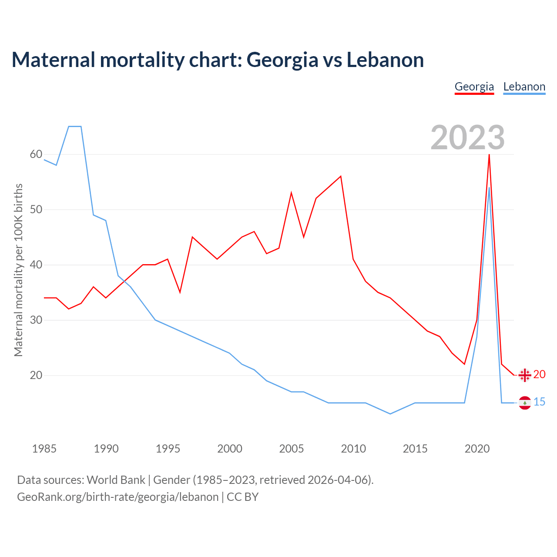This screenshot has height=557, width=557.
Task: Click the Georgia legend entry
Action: click(474, 87)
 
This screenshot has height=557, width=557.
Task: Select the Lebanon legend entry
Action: click(524, 87)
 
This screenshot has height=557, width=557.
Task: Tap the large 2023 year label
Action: click(467, 138)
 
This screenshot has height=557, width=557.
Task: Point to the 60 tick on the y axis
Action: click(36, 154)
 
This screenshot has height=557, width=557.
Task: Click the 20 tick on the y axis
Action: click(36, 375)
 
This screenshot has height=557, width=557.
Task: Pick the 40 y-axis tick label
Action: click(36, 265)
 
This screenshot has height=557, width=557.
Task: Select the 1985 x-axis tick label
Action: click(44, 449)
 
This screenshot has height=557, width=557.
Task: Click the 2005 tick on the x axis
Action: click(291, 449)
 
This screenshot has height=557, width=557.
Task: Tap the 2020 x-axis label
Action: click(477, 449)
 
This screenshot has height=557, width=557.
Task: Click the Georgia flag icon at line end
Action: click(525, 375)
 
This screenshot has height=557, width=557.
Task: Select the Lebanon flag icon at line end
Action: click(525, 403)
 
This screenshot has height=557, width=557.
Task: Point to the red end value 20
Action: click(539, 374)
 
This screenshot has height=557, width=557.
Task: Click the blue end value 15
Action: click(539, 402)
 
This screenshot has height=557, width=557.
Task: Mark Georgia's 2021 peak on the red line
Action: click(489, 155)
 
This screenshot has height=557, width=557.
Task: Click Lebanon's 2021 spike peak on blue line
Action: click(489, 188)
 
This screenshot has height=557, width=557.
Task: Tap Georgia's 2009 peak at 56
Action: click(341, 176)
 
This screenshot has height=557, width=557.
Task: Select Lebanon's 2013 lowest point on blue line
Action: click(390, 414)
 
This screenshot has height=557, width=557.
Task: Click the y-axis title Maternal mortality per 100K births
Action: click(18, 270)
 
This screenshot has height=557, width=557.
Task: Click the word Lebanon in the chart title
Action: click(385, 60)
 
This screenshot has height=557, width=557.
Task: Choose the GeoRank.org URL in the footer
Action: click(117, 497)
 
